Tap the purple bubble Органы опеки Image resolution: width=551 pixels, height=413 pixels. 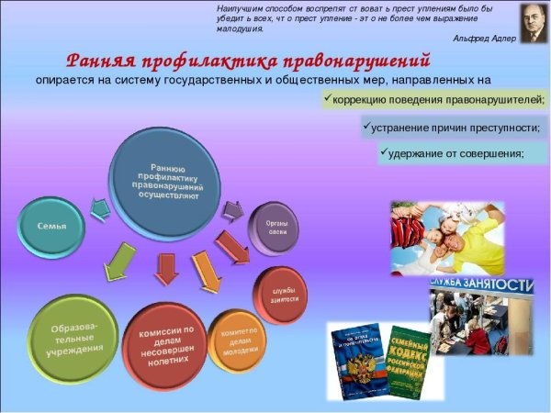point(277,227)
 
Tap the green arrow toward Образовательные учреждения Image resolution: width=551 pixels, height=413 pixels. point(118,262)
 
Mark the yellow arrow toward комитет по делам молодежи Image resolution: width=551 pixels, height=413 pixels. point(205,271)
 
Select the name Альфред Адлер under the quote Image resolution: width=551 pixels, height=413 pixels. point(484,39)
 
